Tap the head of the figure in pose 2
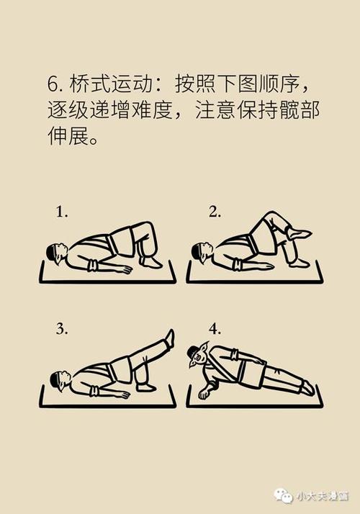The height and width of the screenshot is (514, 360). point(201,252)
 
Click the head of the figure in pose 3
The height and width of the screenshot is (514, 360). point(60,379)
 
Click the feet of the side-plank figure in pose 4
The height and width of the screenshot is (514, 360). point(307,388)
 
